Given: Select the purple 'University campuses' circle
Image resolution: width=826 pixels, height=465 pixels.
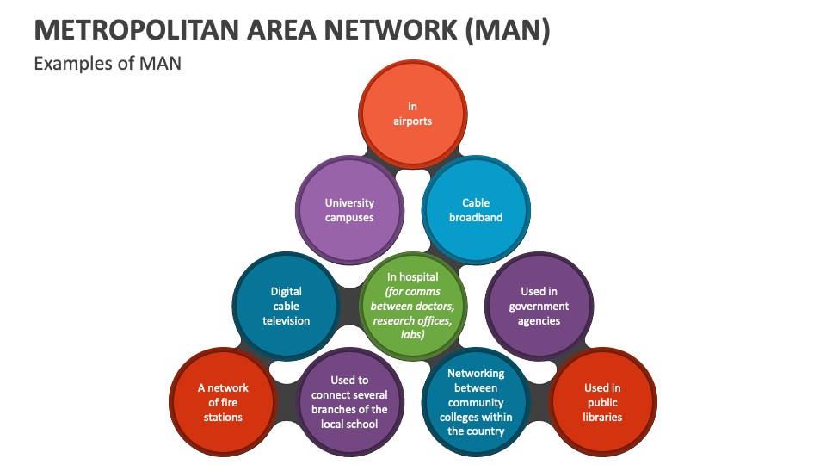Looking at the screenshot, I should tap(349, 210).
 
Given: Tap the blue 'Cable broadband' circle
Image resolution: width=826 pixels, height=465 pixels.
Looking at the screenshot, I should tap(476, 210).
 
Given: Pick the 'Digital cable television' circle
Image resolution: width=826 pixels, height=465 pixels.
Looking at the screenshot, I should tap(287, 306).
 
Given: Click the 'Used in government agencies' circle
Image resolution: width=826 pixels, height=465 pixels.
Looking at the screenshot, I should tap(539, 306).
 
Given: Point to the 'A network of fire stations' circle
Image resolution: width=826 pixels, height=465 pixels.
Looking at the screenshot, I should tap(223, 402).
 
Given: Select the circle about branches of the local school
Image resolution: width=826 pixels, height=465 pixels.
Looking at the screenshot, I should tap(349, 402).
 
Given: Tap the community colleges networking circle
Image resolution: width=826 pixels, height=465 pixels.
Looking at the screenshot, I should tap(476, 402).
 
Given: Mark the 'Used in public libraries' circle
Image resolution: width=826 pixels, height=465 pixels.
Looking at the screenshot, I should tap(602, 402).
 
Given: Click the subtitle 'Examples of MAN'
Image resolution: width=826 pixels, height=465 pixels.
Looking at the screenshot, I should tap(108, 63).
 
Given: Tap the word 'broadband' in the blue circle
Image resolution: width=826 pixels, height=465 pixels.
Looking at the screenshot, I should tap(476, 218).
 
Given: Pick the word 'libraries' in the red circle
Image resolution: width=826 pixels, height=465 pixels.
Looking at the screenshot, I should tap(602, 417).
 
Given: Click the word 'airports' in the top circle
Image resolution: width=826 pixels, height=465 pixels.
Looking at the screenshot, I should tap(413, 121).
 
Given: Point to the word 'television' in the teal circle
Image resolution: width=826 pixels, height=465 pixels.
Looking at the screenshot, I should tap(287, 321).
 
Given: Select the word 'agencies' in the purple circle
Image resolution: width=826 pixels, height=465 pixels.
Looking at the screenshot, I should tap(539, 321).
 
